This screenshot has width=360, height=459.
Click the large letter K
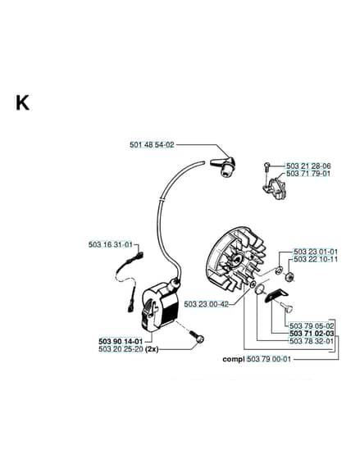pos(23,102)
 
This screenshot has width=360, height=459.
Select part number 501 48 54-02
pos(152,144)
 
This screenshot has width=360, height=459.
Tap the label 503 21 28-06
pos(308,166)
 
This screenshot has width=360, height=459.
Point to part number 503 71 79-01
pos(308,174)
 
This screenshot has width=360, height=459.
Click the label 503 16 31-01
pos(111,244)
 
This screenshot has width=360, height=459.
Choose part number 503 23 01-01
pos(316,252)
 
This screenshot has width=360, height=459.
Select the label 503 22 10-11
pos(316,259)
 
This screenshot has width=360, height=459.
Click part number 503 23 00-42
pos(206,304)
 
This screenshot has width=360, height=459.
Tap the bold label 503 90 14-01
pos(121,341)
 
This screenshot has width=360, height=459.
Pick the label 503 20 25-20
pos(121,349)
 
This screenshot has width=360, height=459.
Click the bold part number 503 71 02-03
pos(312,334)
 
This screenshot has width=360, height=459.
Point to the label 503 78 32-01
pos(312,341)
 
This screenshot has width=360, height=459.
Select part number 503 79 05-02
pos(312,326)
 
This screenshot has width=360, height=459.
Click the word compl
pos(234,359)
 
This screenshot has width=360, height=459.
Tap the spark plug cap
pos(224,166)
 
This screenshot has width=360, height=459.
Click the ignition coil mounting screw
pos(197,336)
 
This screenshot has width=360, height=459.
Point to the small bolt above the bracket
pos(267,167)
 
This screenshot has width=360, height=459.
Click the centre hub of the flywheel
pos(237,257)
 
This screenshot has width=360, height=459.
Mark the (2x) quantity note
pos(152,349)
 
